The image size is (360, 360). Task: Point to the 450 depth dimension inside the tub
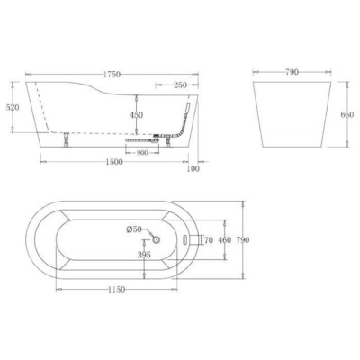coord(135,115)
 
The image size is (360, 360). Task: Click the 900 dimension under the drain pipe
coord(142,151)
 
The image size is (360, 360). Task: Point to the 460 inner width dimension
coord(226,240)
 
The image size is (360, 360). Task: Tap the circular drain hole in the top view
coord(156,238)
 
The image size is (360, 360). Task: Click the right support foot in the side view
coord(166,140)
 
